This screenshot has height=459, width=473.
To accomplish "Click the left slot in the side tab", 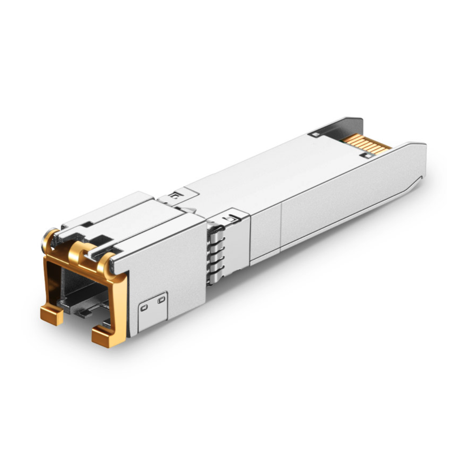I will tap(144, 308).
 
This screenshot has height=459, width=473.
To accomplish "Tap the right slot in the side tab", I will tap(161, 299).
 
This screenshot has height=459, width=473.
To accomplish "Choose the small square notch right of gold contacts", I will tap(366, 156).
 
